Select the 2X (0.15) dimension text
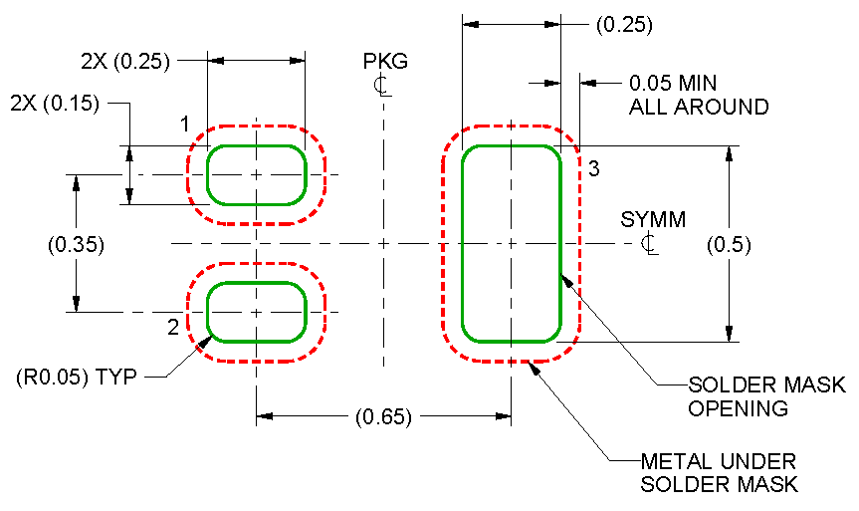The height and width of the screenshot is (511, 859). coord(54,103)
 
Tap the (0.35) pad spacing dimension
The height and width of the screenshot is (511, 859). coord(76,244)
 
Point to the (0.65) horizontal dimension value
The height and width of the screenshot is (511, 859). coord(383,417)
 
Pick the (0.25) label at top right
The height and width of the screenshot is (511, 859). coord(623,25)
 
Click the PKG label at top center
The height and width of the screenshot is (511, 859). coord(385,63)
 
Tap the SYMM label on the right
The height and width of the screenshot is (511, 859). coord(653,220)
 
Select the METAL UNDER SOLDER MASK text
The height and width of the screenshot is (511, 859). coord(719,473)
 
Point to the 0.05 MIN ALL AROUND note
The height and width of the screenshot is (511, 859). coord(698,96)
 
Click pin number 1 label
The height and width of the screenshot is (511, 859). coord(184,125)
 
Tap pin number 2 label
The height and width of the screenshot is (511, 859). coord(172,327)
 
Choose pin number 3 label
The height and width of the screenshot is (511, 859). coord(592,167)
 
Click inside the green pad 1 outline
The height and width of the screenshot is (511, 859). coord(256,174)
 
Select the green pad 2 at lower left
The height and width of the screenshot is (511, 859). coord(256,311)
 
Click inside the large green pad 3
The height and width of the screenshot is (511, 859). coord(511,243)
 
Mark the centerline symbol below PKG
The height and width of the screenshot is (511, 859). coord(381,85)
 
